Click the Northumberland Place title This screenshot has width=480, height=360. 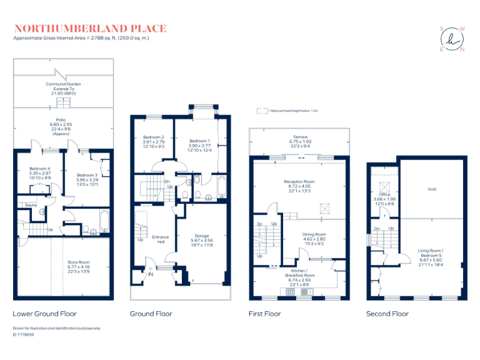point(90,28)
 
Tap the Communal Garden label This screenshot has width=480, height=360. point(63,84)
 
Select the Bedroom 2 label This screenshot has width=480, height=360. point(154,137)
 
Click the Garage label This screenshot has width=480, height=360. point(202,236)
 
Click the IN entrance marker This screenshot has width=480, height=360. point(150,273)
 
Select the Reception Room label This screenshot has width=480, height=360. point(299,181)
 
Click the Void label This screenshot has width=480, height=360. point(431,189)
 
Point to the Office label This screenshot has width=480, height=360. point(384,194)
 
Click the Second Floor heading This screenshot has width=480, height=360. point(387,314)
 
